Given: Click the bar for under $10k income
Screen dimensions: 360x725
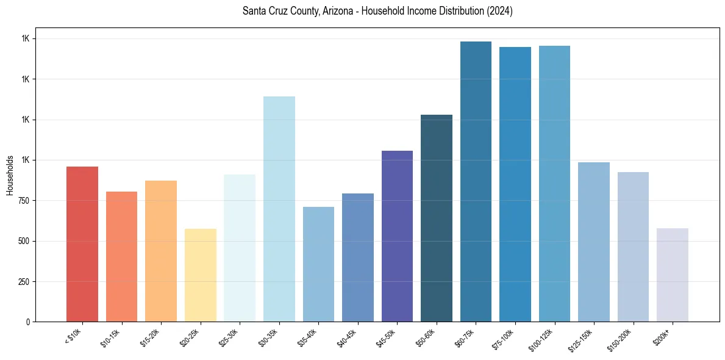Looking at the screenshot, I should coord(82,244).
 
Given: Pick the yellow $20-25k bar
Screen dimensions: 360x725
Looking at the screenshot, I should coord(200,275).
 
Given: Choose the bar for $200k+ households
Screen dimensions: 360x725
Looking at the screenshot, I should coord(672,275).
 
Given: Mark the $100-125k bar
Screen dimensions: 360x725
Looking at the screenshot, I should coord(554,184).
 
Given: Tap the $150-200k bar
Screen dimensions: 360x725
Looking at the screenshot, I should coord(633,247).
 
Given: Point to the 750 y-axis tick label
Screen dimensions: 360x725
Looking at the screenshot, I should coord(23,201).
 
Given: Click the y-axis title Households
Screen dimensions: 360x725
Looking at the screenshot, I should coord(10,175).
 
